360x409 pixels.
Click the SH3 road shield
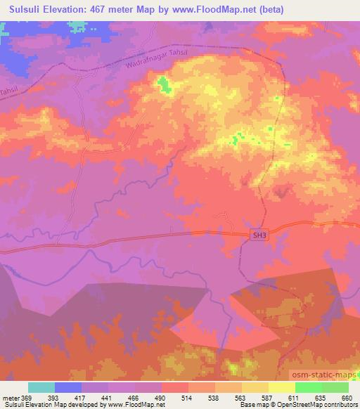pyautogui.click(x=259, y=237)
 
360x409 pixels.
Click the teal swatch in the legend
pyautogui.click(x=41, y=387)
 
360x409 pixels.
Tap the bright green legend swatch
pyautogui.click(x=309, y=387)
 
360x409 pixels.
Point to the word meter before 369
pyautogui.click(x=10, y=396)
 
